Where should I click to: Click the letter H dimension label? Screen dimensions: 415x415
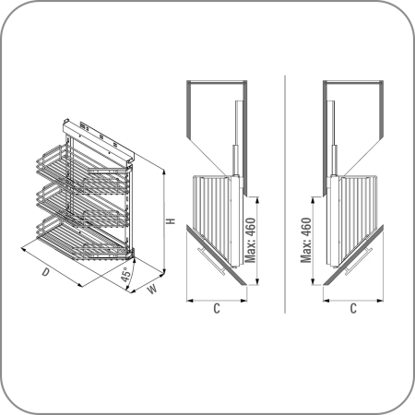(171, 221)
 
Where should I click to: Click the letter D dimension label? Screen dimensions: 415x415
(46, 272)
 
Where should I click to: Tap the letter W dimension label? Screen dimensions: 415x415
(152, 290)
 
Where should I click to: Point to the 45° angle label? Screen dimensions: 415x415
(125, 275)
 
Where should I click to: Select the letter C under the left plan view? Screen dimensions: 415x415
(217, 308)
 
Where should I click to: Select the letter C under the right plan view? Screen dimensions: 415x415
(353, 308)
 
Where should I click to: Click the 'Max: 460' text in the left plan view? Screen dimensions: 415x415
(251, 240)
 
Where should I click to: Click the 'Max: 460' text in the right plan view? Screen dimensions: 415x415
(306, 240)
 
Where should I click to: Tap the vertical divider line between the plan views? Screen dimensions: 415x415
(285, 195)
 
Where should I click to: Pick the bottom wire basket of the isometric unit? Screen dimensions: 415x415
(83, 238)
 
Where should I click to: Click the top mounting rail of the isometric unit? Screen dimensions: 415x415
(99, 140)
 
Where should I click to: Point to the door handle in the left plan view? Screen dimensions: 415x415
(212, 260)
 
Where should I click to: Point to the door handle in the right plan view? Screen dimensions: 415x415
(359, 260)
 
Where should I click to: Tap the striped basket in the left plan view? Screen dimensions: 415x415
(212, 215)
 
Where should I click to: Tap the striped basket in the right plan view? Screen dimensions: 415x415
(358, 215)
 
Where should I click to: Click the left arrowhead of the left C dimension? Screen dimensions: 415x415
(190, 301)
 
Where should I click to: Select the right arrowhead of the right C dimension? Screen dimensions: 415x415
(380, 301)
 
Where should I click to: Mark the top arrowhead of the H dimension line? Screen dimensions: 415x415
(164, 172)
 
